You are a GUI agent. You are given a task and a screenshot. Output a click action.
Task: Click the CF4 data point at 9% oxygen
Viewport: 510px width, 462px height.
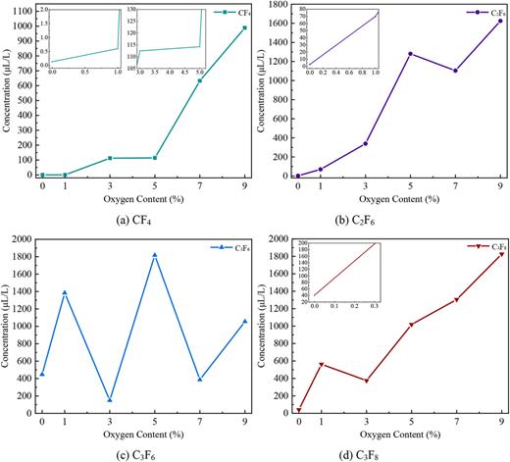click(244, 27)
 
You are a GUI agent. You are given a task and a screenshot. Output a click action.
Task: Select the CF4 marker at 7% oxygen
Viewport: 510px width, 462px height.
click(200, 80)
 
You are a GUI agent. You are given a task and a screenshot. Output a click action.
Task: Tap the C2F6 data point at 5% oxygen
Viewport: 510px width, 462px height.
click(410, 54)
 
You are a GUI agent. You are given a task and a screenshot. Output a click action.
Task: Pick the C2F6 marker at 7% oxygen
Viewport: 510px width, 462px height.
click(455, 71)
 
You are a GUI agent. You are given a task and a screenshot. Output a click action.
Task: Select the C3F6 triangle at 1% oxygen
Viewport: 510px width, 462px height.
click(65, 292)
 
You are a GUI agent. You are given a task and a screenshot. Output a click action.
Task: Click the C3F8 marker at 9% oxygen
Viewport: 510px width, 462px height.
click(500, 254)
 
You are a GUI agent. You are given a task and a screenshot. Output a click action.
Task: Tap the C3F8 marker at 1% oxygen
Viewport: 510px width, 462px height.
click(321, 364)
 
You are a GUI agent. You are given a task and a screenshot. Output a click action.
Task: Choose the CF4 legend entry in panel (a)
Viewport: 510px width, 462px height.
click(230, 13)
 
